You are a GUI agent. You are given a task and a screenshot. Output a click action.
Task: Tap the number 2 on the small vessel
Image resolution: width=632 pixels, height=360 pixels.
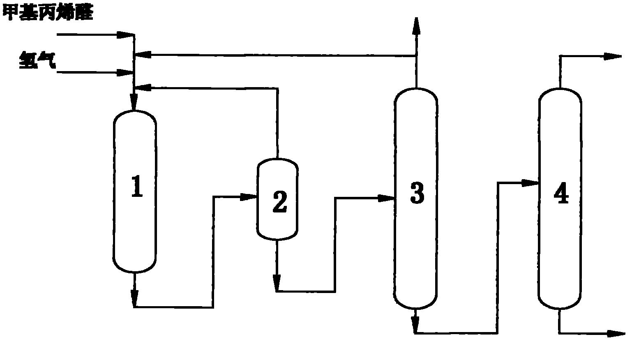pos(280,202)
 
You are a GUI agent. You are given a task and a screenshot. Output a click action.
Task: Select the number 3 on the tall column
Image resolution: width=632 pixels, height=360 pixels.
pos(417,193)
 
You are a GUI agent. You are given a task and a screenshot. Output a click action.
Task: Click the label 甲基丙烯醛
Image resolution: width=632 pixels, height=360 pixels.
pos(48,13)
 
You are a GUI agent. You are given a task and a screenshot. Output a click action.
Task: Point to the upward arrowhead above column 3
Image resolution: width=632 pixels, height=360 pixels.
pos(416,26)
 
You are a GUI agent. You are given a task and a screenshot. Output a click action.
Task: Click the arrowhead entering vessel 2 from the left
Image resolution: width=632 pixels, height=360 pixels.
pos(248,197)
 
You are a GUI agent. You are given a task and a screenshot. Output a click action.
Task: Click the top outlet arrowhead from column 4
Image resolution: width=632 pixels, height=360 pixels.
pos(612,57)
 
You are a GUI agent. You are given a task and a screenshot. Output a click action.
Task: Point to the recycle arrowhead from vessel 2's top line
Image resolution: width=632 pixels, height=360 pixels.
pos(143,87)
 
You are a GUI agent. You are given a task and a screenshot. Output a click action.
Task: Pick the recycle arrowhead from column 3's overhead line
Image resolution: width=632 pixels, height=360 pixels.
pos(143,54)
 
